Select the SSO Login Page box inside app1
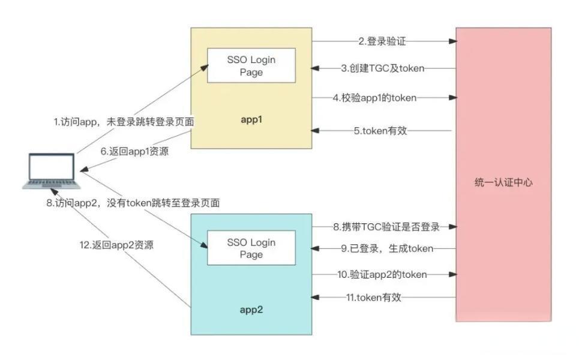click(x=251, y=66)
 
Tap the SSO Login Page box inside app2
click(x=251, y=248)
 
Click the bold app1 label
click(x=251, y=120)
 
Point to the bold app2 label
click(x=251, y=311)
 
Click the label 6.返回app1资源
click(x=134, y=152)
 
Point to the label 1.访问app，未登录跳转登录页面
click(x=124, y=122)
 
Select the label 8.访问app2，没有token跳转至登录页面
click(x=133, y=203)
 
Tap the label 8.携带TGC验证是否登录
click(x=387, y=227)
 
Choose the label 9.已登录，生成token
click(x=387, y=248)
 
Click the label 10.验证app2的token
click(x=382, y=275)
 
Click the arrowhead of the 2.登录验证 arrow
click(x=453, y=41)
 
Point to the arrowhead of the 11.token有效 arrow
click(x=316, y=297)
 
